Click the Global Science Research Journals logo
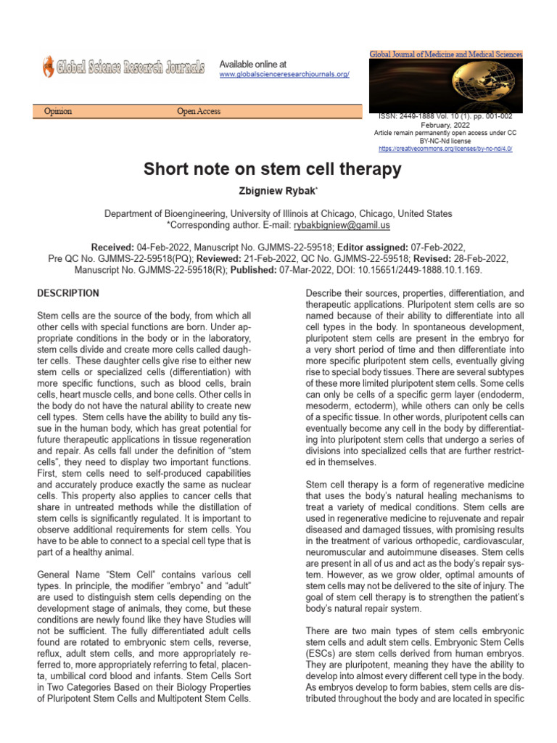(123, 67)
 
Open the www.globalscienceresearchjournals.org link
(284, 75)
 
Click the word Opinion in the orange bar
(58, 112)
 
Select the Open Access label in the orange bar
(199, 112)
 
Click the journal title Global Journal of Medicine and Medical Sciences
(445, 54)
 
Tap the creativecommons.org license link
(445, 149)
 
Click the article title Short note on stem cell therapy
(272, 170)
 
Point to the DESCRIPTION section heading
(68, 293)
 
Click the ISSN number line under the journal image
(445, 116)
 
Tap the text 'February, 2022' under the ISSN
(445, 125)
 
